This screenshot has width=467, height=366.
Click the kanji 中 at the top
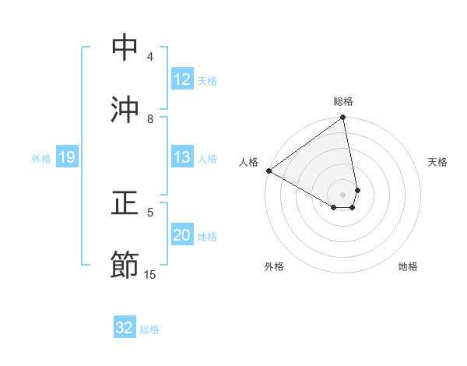pyautogui.click(x=125, y=48)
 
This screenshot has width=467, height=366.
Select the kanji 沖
pyautogui.click(x=125, y=109)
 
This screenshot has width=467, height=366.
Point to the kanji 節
pyautogui.click(x=125, y=265)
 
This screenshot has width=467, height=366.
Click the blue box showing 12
pyautogui.click(x=182, y=79)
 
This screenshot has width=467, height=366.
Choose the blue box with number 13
pyautogui.click(x=182, y=157)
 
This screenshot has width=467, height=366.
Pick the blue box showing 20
pyautogui.click(x=182, y=235)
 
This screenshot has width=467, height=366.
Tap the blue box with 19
pyautogui.click(x=66, y=157)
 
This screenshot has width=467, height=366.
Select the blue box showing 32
pyautogui.click(x=125, y=328)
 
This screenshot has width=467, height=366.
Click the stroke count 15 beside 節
pyautogui.click(x=150, y=274)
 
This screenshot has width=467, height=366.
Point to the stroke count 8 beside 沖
pyautogui.click(x=150, y=118)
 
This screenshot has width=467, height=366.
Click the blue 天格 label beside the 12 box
pyautogui.click(x=207, y=80)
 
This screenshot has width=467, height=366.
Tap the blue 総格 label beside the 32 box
pyautogui.click(x=149, y=329)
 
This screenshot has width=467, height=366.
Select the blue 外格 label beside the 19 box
pyautogui.click(x=41, y=158)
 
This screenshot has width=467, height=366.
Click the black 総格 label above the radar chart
pyautogui.click(x=343, y=101)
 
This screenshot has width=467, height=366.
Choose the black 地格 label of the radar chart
pyautogui.click(x=408, y=266)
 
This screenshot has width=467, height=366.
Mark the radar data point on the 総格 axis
pyautogui.click(x=343, y=118)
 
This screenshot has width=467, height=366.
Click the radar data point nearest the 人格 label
pyautogui.click(x=269, y=171)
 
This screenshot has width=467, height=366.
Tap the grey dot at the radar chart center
pyautogui.click(x=343, y=194)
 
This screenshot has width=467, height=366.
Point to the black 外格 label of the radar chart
pyautogui.click(x=274, y=266)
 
